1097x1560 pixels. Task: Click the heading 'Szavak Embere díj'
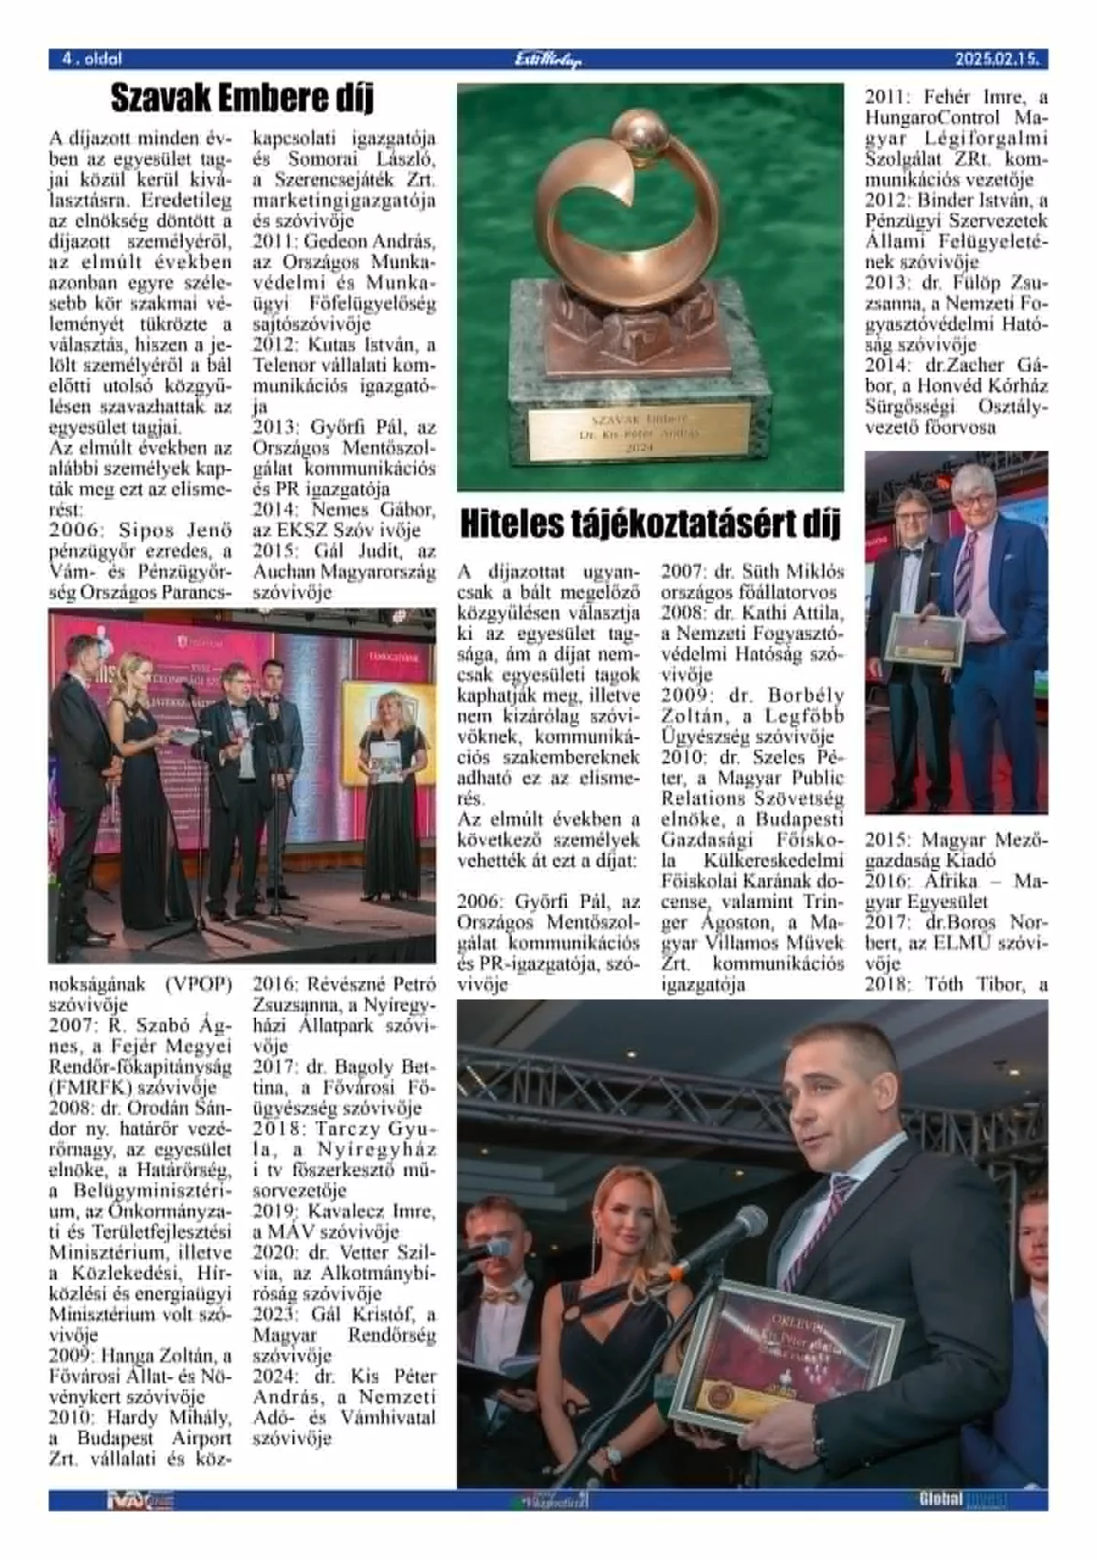click(x=241, y=98)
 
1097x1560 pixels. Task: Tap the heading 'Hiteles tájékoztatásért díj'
click(x=650, y=525)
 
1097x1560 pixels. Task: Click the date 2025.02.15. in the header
click(x=996, y=59)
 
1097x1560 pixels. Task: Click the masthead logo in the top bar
click(x=548, y=59)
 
